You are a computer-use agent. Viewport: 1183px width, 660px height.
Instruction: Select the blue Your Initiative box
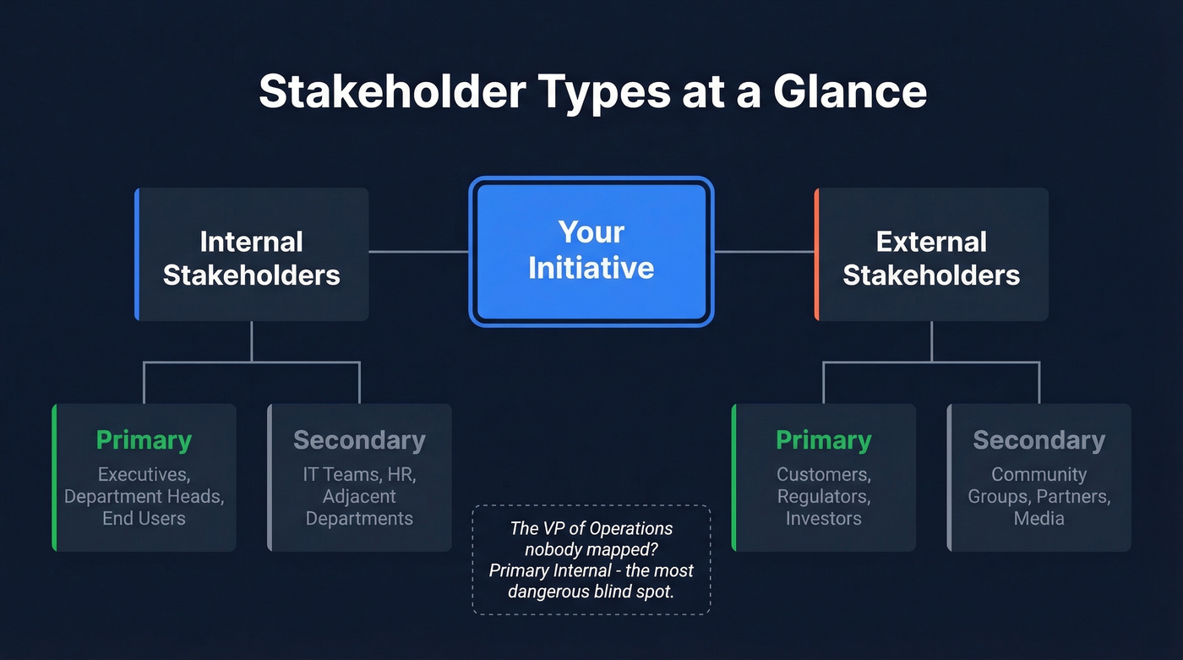[x=591, y=251]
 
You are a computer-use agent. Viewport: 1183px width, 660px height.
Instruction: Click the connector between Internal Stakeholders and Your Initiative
[x=418, y=251]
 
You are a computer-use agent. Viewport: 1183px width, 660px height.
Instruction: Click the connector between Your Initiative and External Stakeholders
[x=764, y=251]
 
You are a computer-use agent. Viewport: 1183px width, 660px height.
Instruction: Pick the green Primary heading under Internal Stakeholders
[x=144, y=440]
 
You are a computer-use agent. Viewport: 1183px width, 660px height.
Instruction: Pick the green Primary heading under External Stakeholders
[x=823, y=440]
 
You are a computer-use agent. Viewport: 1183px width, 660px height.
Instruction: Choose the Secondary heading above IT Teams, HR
[x=359, y=440]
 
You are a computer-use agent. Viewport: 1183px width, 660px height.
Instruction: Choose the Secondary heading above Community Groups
[x=1039, y=440]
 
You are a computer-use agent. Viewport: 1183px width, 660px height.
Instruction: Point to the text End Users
[x=144, y=519]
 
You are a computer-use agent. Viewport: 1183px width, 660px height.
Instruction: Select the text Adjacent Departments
[x=359, y=507]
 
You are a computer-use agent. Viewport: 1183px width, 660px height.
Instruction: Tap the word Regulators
[x=823, y=496]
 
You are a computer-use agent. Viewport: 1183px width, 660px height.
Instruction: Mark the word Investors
[x=823, y=519]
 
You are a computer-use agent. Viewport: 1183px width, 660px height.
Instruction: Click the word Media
[x=1039, y=519]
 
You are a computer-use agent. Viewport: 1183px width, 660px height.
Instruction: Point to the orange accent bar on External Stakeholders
[x=817, y=254]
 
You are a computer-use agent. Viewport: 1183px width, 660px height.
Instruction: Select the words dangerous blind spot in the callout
[x=591, y=592]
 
